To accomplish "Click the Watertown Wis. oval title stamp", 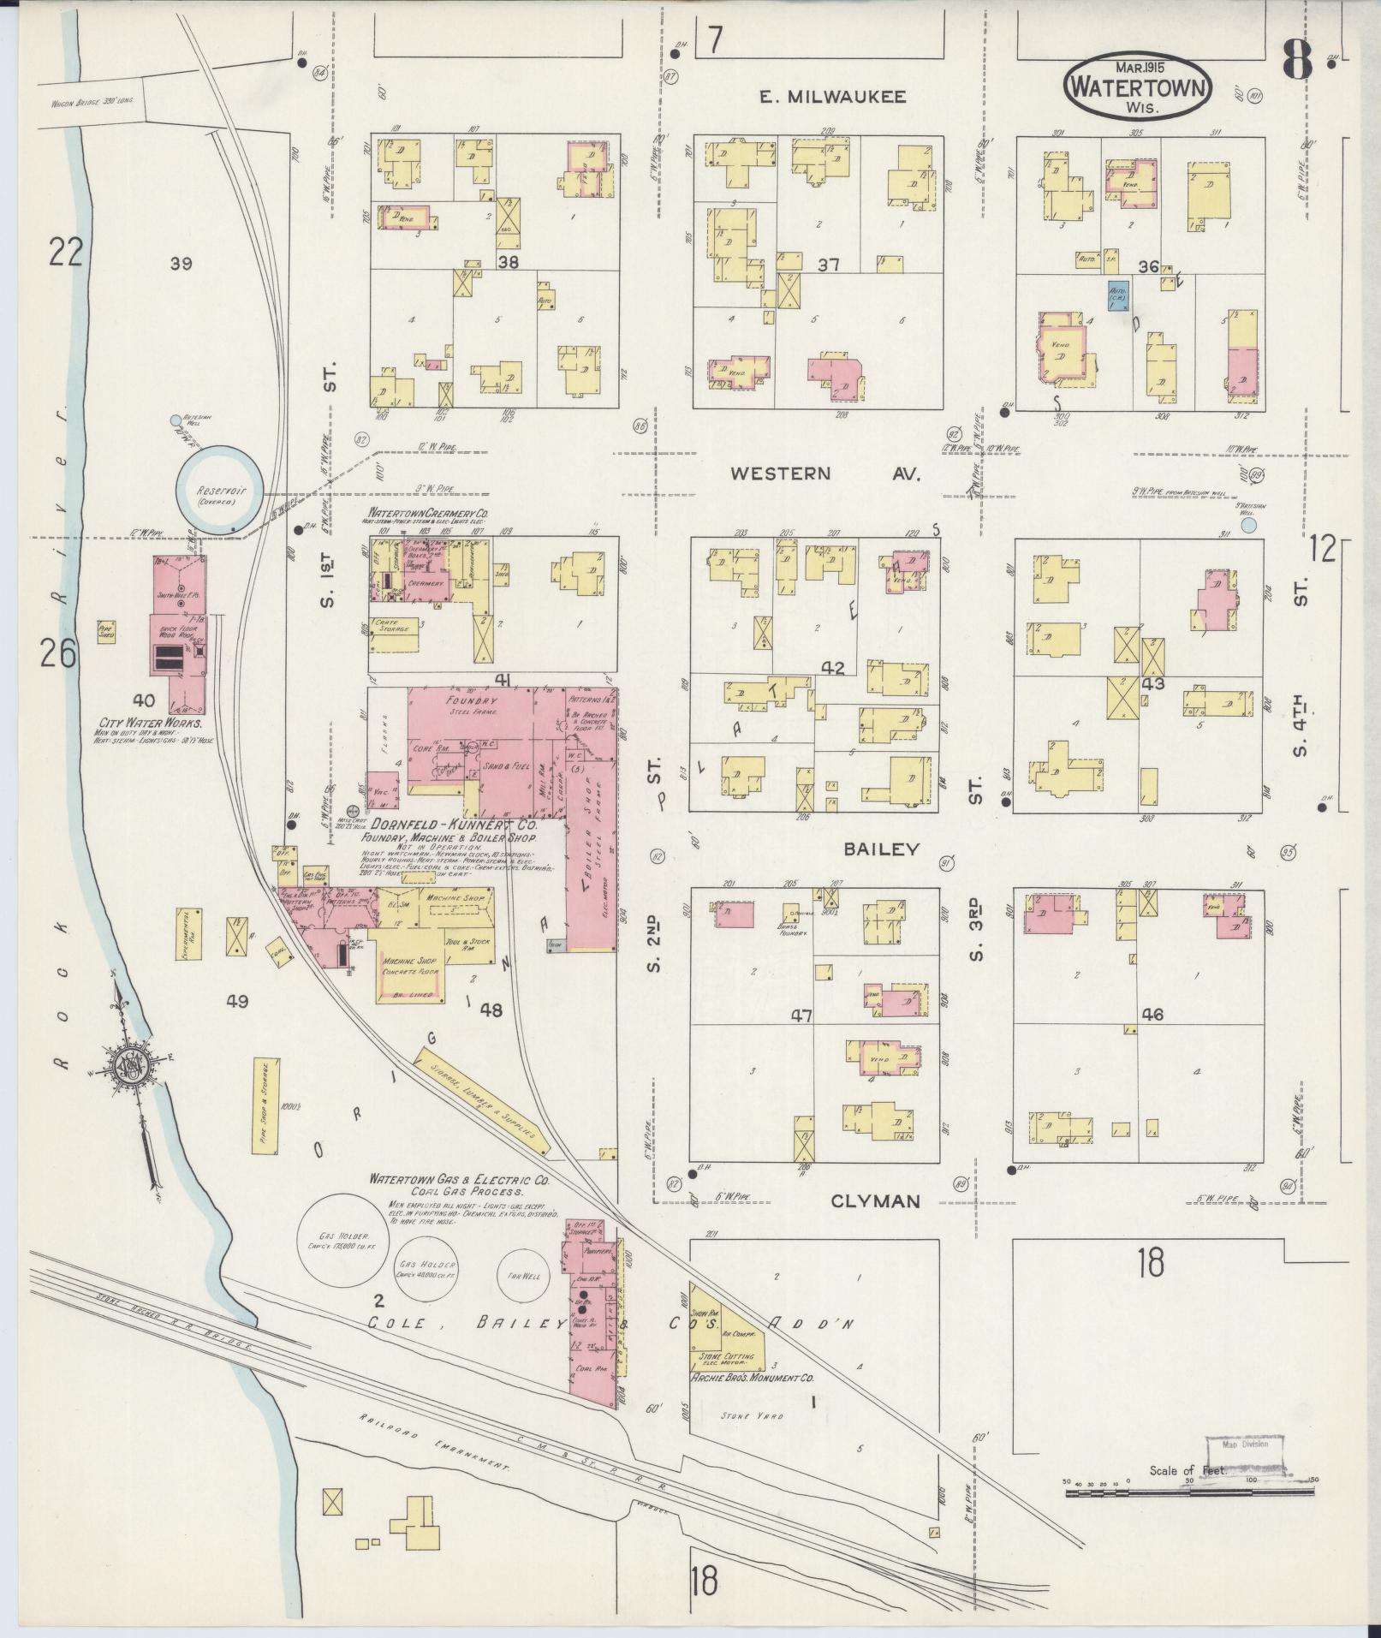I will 1138,86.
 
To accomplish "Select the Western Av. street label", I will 824,473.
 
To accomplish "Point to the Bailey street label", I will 881,849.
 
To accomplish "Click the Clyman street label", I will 876,1201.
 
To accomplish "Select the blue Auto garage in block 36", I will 1117,295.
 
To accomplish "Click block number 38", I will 509,264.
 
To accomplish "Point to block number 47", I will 801,1016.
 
